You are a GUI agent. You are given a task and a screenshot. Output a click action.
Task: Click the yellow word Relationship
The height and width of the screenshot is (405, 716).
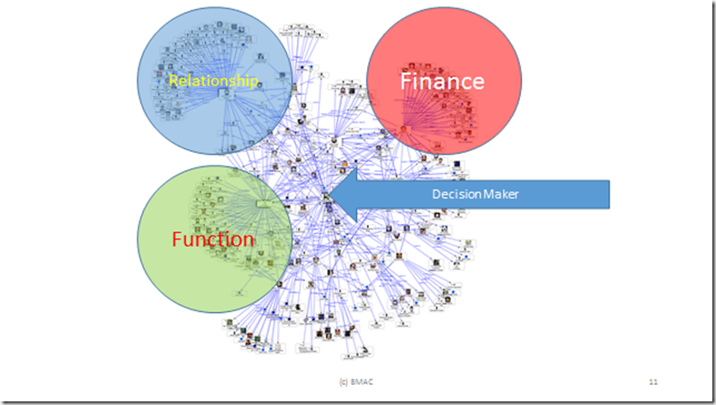pyautogui.click(x=214, y=81)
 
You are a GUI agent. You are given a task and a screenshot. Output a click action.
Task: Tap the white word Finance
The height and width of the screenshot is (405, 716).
pyautogui.click(x=442, y=81)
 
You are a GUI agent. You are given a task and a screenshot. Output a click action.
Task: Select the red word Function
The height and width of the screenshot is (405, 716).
pyautogui.click(x=213, y=240)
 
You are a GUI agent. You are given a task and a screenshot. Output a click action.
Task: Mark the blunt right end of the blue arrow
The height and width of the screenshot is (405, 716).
pyautogui.click(x=607, y=194)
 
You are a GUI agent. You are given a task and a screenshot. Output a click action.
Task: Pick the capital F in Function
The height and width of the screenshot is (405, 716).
pyautogui.click(x=178, y=240)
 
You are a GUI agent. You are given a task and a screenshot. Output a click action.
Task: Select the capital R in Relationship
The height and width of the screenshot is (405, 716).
pyautogui.click(x=173, y=81)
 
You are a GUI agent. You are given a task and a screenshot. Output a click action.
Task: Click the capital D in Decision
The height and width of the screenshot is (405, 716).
pyautogui.click(x=435, y=194)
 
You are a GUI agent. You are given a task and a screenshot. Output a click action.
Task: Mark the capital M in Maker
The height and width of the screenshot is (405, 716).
pyautogui.click(x=484, y=194)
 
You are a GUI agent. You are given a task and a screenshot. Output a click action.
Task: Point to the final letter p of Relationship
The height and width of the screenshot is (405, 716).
pyautogui.click(x=256, y=83)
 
